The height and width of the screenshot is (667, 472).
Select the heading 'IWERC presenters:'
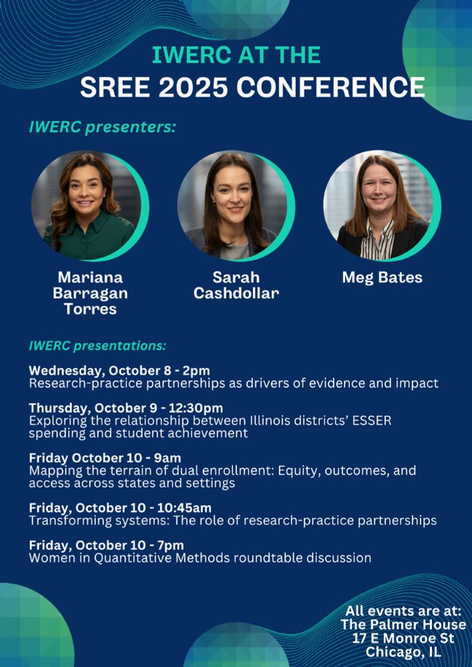coord(101,127)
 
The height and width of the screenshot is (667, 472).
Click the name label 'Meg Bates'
coord(382,277)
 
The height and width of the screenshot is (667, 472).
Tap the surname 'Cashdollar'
coord(236,293)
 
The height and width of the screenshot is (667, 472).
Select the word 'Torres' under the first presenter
coord(90,308)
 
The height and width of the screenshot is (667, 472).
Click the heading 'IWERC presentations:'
coord(97,346)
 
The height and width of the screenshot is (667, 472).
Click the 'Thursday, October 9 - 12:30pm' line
coord(126,408)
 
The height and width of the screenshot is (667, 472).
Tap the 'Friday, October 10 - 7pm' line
coord(106,545)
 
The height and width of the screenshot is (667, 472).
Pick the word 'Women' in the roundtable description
coord(47,558)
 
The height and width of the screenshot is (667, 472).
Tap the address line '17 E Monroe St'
coord(403,638)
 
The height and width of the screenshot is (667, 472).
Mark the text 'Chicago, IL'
coord(403,652)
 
